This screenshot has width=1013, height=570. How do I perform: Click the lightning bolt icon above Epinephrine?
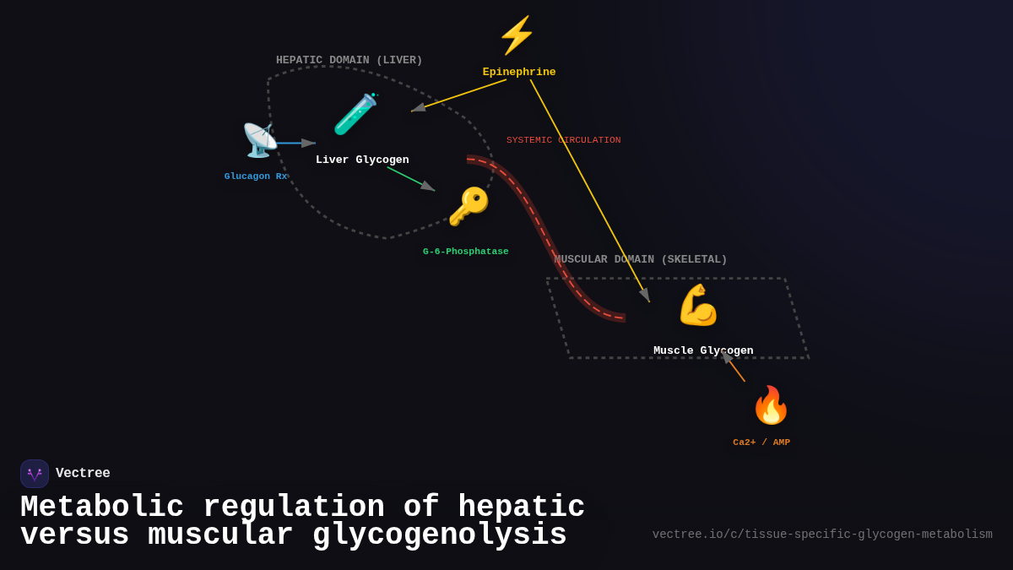coord(517,35)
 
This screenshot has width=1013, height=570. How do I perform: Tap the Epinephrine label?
coord(519,73)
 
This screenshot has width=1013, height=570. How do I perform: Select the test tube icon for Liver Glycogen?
coord(355,114)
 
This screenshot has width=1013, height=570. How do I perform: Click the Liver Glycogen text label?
coord(362,160)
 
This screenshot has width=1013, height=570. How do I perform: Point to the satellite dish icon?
coord(259,140)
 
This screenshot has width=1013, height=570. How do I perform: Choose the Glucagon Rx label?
coord(256,176)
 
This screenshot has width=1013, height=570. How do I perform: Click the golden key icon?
coord(468,207)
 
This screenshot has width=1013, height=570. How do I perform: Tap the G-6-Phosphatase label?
coord(466,252)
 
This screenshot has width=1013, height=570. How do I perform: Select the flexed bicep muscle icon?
coord(698,305)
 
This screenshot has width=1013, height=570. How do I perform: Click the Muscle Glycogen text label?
coord(703,351)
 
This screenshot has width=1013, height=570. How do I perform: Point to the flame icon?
coord(770,405)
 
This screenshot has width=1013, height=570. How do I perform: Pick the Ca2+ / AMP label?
coord(761,442)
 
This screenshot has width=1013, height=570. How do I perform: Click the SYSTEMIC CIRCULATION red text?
coord(563,140)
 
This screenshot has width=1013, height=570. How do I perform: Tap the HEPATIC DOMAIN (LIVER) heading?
coord(349,61)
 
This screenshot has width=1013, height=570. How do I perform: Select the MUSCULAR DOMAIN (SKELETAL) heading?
coord(641,260)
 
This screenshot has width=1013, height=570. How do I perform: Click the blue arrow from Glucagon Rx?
coord(295,144)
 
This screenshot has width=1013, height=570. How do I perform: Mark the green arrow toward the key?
coord(411,179)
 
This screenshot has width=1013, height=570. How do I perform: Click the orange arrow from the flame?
coord(734,367)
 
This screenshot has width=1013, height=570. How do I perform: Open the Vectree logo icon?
coord(35,474)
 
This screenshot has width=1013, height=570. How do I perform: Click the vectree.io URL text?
coord(822,535)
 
